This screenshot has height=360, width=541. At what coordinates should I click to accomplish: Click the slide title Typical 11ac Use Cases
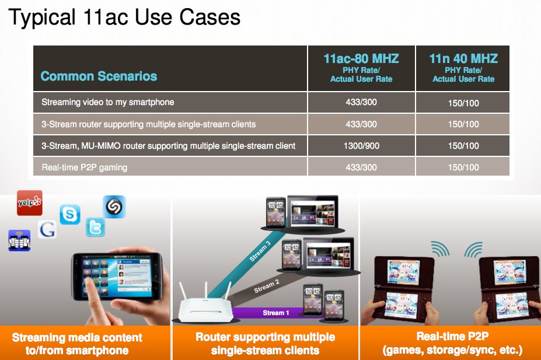(124, 18)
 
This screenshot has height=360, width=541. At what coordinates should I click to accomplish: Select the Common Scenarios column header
(99, 76)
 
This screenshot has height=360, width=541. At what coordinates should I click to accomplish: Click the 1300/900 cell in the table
(361, 146)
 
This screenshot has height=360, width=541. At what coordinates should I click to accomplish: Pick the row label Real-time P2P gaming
(85, 167)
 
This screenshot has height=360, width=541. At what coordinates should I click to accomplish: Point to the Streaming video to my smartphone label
(107, 102)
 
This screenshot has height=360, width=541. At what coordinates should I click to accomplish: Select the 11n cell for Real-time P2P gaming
(463, 167)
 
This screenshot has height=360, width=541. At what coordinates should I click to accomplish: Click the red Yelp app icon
(30, 203)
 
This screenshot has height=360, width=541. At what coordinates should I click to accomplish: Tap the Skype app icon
(70, 215)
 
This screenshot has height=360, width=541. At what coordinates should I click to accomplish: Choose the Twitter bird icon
(95, 227)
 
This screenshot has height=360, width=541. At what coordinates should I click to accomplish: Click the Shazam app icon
(114, 207)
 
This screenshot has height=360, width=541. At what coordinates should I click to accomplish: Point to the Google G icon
(47, 229)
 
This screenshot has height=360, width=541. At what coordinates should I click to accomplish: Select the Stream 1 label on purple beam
(275, 313)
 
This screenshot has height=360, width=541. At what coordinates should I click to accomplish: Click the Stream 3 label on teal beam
(260, 251)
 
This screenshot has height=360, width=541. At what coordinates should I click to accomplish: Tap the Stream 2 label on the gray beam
(267, 286)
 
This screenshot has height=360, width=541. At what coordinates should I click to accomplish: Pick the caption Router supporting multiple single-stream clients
(265, 344)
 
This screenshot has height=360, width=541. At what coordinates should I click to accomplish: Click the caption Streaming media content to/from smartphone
(77, 344)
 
